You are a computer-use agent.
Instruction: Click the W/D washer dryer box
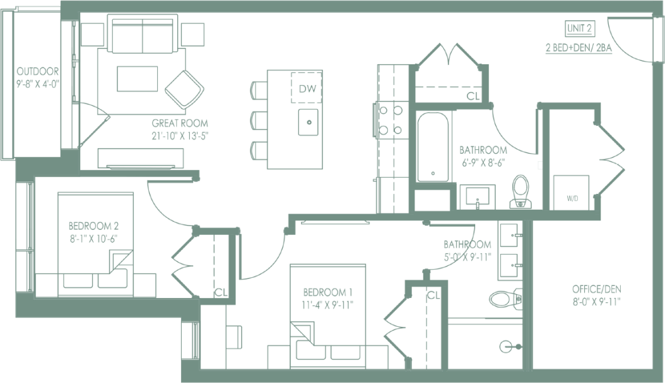(x=572, y=192)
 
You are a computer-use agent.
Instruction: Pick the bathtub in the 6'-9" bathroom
(x=433, y=146)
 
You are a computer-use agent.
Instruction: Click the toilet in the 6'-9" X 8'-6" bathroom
(x=521, y=191)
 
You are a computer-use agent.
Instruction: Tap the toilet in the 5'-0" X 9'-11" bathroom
(x=504, y=298)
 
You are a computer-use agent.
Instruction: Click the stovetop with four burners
(x=390, y=120)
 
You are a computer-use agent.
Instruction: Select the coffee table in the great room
(x=138, y=79)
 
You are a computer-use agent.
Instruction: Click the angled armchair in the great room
(x=184, y=88)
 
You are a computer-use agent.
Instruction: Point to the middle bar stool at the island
(x=259, y=120)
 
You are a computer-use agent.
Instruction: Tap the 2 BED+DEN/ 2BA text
(x=579, y=47)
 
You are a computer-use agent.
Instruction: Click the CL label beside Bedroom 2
(x=220, y=292)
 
